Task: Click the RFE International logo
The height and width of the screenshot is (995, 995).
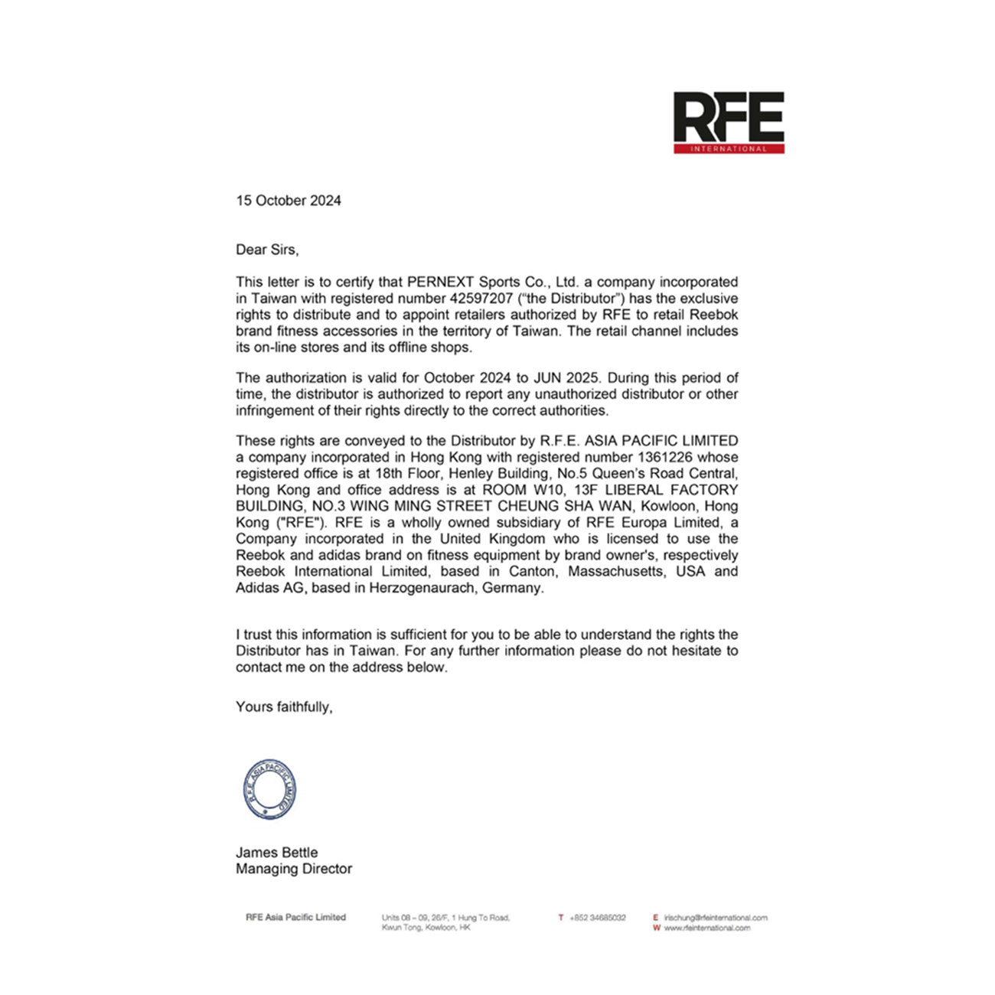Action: [729, 122]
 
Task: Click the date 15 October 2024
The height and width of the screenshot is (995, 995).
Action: [289, 201]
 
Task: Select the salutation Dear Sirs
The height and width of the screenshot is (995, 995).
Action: [267, 250]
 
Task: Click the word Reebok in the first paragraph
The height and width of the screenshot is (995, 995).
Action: [714, 315]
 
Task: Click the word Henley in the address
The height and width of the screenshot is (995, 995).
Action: [472, 474]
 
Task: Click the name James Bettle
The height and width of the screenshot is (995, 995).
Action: [276, 853]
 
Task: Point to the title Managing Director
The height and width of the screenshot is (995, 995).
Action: [294, 869]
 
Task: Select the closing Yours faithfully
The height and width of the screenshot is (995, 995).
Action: [284, 707]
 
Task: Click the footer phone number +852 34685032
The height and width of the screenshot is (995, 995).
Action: [597, 918]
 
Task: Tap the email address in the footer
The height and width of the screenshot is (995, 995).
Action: [715, 918]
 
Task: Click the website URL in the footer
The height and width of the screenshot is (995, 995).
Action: [706, 928]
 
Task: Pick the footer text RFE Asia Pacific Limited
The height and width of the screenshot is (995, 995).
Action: [295, 918]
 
